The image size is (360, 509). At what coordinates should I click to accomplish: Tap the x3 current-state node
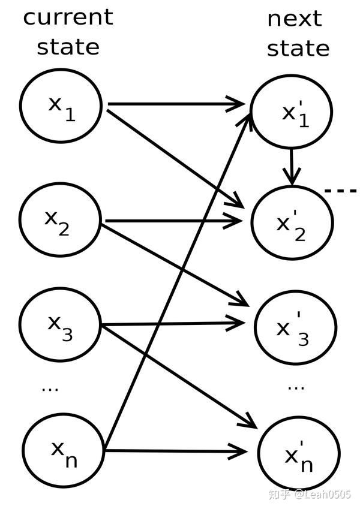click(60, 327)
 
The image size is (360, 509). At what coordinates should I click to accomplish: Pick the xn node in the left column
click(62, 451)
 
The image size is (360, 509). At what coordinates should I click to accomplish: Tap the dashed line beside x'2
click(341, 191)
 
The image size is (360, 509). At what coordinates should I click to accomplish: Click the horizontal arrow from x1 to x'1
click(174, 104)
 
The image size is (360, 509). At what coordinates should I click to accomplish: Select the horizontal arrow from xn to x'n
click(174, 450)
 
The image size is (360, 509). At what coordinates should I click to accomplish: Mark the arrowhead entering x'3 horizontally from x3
click(237, 324)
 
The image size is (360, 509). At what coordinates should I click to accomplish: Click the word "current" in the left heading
click(68, 17)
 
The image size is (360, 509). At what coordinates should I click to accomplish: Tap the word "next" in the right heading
click(295, 18)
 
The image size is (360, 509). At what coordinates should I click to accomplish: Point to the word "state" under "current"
click(68, 47)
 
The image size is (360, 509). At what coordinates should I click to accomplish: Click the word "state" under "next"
click(298, 48)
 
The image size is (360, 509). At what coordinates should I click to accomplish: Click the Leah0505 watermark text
click(328, 495)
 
